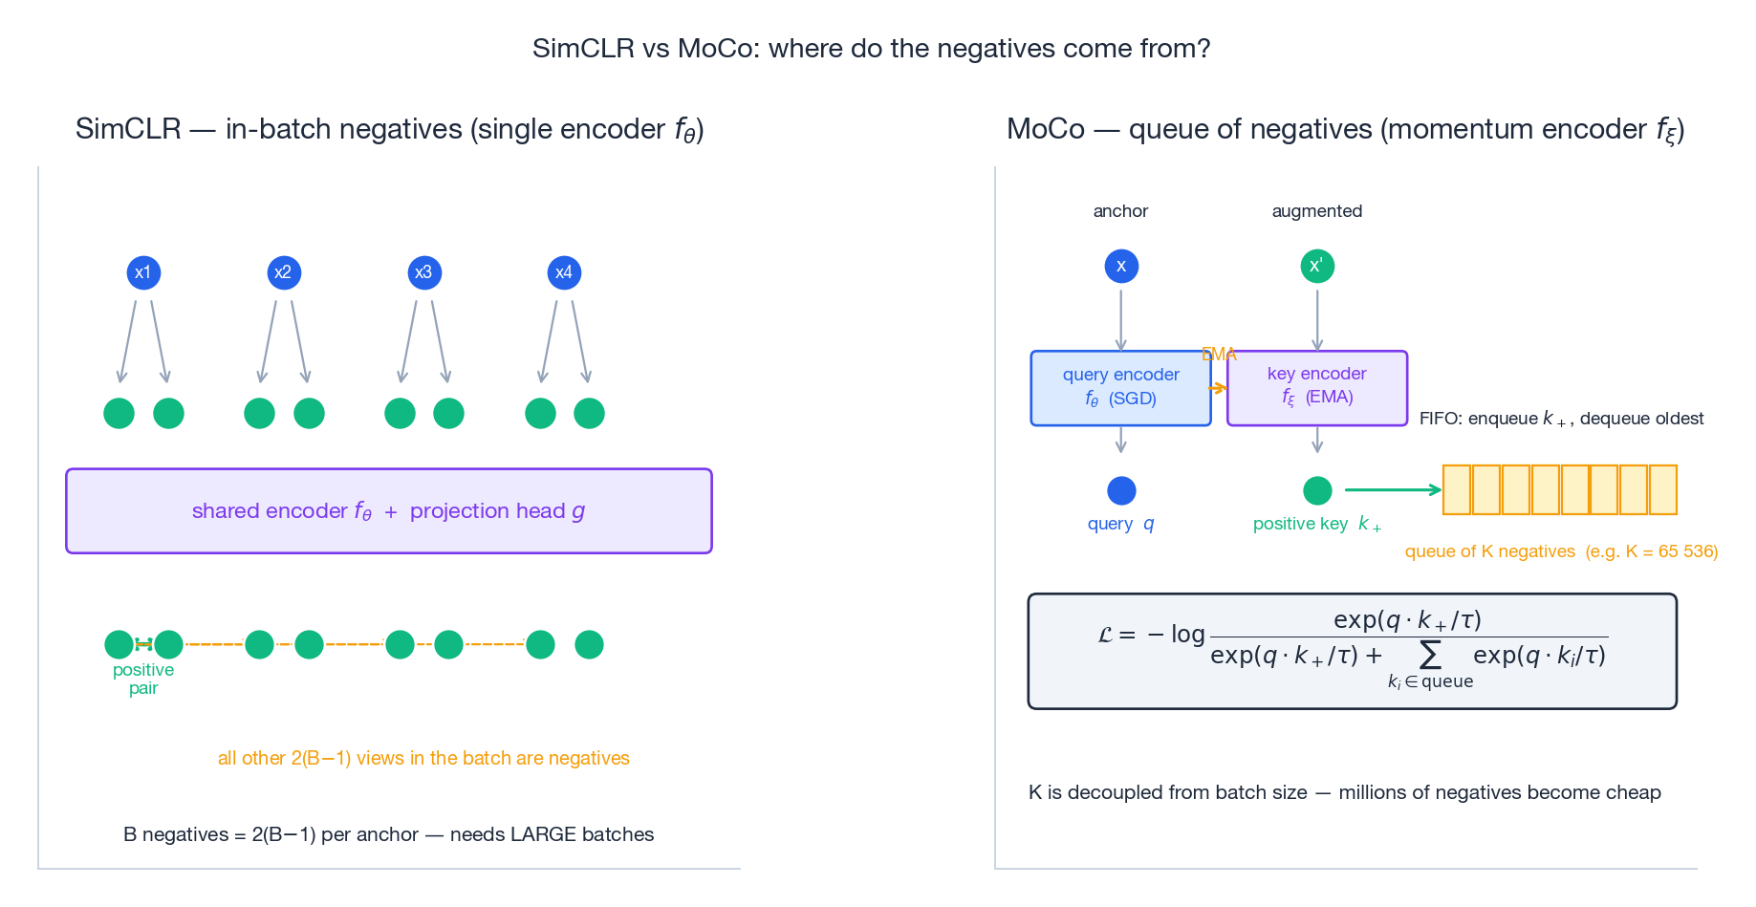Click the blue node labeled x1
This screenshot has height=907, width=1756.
click(143, 273)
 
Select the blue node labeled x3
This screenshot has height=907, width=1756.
click(424, 273)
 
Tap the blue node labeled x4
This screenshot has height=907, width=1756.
click(564, 273)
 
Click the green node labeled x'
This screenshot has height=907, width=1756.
click(1317, 266)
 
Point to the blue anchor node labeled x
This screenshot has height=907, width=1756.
click(1121, 266)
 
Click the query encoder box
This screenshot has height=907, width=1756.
click(1120, 388)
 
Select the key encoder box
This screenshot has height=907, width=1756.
click(1317, 388)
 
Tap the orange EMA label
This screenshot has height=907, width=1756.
click(1219, 355)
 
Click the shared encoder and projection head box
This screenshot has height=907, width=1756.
click(388, 511)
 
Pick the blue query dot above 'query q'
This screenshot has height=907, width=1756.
click(1121, 490)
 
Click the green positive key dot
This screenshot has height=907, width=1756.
click(1317, 490)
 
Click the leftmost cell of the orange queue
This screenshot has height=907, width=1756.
click(1457, 489)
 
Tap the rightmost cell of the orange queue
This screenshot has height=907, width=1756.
click(1663, 489)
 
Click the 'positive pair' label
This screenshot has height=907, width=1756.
click(143, 679)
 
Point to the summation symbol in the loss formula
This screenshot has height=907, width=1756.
click(1430, 656)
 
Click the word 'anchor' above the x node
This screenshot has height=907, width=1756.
click(1120, 211)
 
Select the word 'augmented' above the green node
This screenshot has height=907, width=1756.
click(1316, 211)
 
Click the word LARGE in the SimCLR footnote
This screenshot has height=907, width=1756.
click(543, 834)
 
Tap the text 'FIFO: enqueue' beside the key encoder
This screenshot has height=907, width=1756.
click(1478, 419)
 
